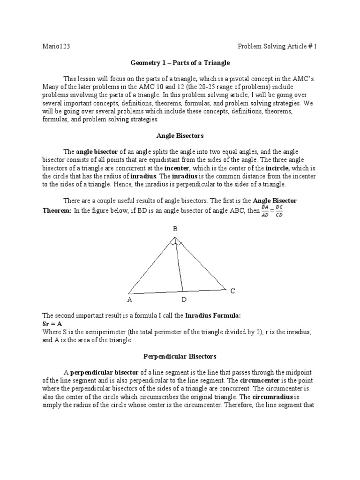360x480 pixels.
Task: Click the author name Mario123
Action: point(56,46)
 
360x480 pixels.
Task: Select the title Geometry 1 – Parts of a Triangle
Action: point(180,62)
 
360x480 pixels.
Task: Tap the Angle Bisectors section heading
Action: point(180,135)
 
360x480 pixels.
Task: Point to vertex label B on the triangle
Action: point(175,229)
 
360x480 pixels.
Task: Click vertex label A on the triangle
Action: point(129,299)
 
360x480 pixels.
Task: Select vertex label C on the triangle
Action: point(232,291)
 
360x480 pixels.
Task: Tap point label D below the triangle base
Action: point(184,299)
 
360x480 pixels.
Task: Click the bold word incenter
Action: point(176,168)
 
